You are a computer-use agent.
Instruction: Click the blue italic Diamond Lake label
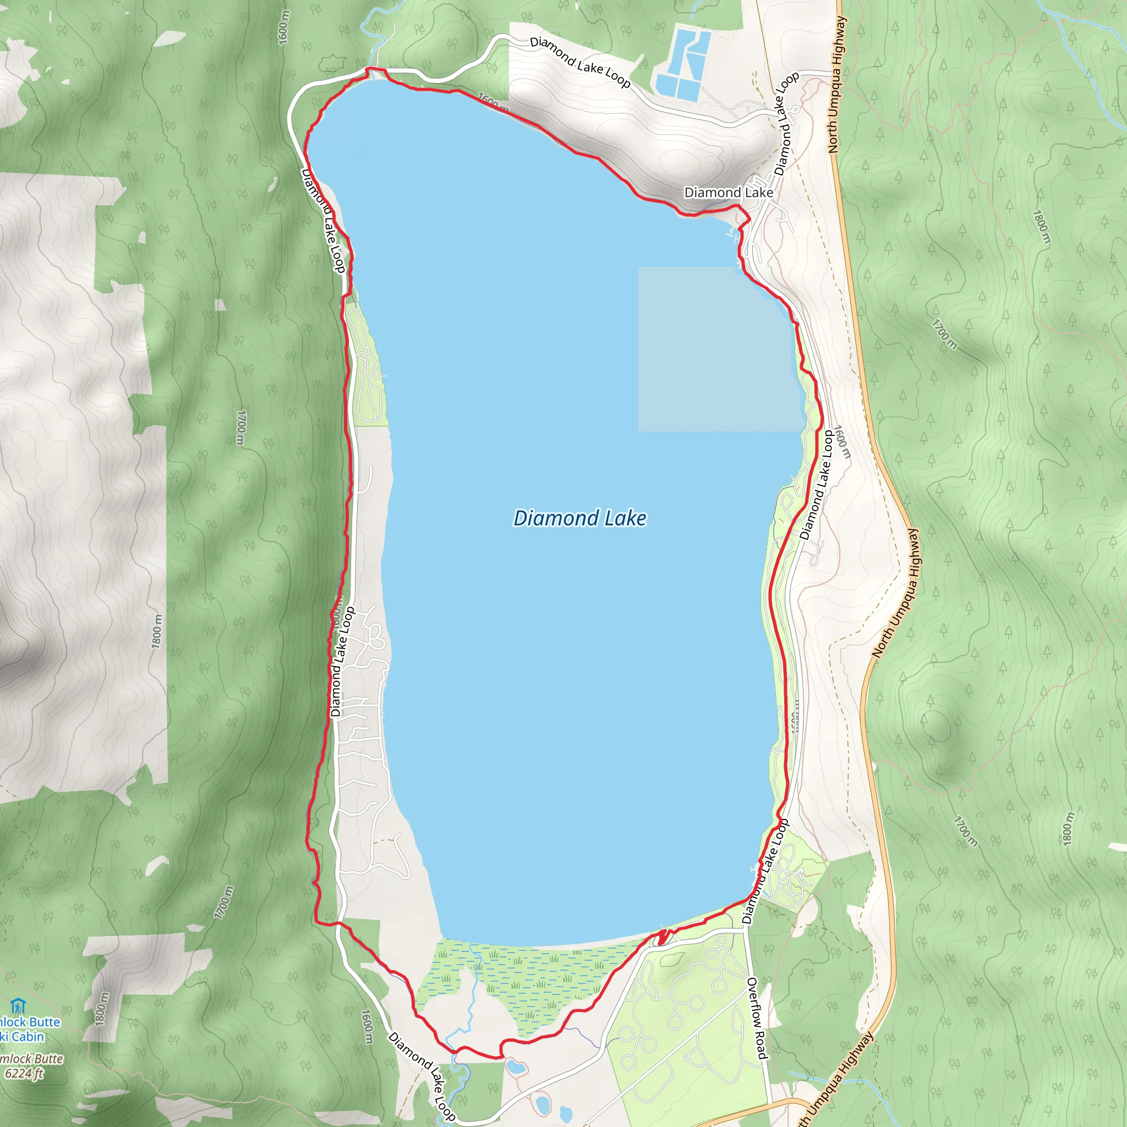click(579, 518)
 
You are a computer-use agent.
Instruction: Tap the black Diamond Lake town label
click(728, 193)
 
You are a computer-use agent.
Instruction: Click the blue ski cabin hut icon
click(18, 1006)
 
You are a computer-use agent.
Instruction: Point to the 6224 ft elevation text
click(24, 1073)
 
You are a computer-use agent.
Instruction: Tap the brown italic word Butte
click(41, 1058)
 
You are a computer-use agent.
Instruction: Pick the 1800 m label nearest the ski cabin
click(101, 1009)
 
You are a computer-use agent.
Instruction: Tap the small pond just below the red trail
click(515, 1068)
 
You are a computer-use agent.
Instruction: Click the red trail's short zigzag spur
click(661, 938)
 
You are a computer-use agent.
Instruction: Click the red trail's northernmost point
click(368, 69)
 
